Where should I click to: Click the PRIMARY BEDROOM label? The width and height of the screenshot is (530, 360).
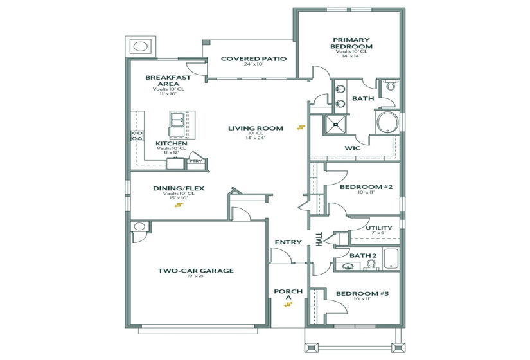[x=351, y=42]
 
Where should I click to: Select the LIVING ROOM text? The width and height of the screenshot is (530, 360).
[x=255, y=128]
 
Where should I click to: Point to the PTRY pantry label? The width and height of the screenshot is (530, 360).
[x=195, y=161]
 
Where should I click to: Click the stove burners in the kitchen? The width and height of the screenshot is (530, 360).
[x=136, y=135]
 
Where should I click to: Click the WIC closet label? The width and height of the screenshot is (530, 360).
[x=352, y=148]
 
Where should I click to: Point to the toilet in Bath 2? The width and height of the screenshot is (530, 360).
[x=371, y=264]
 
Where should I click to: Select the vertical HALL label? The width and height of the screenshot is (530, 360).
[x=319, y=239]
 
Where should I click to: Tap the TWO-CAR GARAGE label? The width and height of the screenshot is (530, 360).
[x=196, y=271]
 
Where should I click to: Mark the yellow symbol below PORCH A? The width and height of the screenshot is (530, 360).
[x=288, y=305]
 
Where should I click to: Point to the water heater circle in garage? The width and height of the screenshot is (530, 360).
[x=139, y=227]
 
